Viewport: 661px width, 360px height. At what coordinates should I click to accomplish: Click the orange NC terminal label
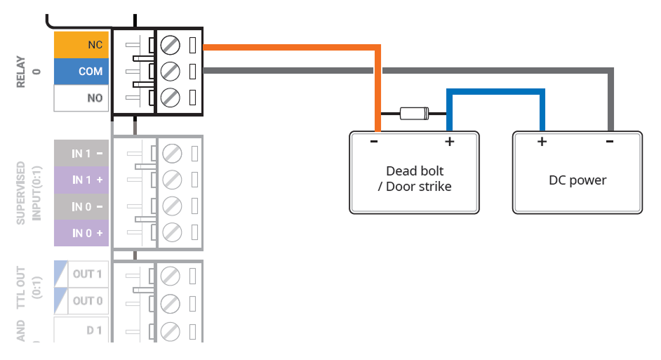point(81,45)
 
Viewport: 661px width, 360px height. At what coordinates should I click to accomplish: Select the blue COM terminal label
point(81,72)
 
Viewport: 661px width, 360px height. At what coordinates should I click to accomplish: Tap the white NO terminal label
point(81,98)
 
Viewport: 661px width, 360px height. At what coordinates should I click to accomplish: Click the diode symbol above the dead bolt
point(414,113)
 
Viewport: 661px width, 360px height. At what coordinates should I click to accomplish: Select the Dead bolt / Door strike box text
point(415,179)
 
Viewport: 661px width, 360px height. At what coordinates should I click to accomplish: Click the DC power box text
point(577,180)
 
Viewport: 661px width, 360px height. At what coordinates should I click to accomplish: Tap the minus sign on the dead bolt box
point(374,142)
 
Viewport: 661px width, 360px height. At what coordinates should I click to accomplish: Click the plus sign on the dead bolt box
point(449,142)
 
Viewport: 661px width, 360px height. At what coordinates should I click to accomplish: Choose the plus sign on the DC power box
point(542,142)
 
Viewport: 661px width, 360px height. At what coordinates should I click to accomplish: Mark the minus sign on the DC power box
point(609,142)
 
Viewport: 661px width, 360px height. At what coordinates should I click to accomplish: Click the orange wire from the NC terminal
point(295,47)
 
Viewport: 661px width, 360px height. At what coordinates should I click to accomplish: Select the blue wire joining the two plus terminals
point(495,91)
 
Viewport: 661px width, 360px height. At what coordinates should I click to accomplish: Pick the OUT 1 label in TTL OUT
point(88,274)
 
